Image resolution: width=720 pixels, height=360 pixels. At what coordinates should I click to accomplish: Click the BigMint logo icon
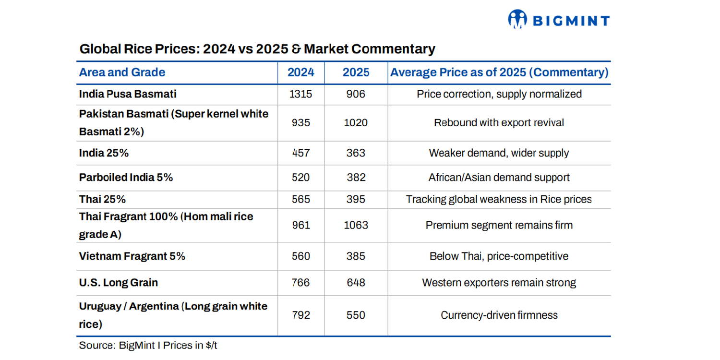point(517,20)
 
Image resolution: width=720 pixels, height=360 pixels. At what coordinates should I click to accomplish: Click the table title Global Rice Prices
point(257,49)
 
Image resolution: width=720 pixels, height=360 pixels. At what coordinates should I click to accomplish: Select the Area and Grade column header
point(122,72)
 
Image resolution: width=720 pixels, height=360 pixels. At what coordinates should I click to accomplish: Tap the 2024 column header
point(301,72)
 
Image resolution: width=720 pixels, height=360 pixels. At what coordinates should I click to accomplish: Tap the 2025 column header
point(356,72)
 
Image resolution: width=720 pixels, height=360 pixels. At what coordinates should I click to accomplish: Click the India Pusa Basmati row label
point(128,94)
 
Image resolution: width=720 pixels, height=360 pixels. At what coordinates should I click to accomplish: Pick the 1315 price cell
point(301,94)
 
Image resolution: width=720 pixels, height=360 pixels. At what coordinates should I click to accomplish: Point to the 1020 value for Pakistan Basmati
point(356,123)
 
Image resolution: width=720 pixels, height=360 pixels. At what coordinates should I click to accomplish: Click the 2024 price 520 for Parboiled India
point(301,178)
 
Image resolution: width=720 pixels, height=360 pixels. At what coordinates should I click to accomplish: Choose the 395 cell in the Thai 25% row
point(356,199)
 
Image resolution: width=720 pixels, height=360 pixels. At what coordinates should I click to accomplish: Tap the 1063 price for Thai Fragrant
point(356,225)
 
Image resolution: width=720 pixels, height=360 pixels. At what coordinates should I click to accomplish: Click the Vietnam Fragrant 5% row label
point(132,256)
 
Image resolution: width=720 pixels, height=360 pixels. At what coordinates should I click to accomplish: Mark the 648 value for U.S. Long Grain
point(356,283)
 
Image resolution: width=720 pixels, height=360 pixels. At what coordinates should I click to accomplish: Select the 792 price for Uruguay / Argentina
point(301,315)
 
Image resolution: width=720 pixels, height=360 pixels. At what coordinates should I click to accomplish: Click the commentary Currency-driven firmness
point(499,315)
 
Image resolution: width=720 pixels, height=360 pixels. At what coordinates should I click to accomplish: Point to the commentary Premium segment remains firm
point(499,225)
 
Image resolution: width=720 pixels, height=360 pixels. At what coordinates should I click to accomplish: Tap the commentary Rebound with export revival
point(499,123)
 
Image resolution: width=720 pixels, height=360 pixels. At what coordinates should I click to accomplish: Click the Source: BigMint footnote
point(151,345)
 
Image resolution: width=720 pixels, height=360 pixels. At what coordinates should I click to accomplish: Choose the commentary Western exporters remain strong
point(499,283)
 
